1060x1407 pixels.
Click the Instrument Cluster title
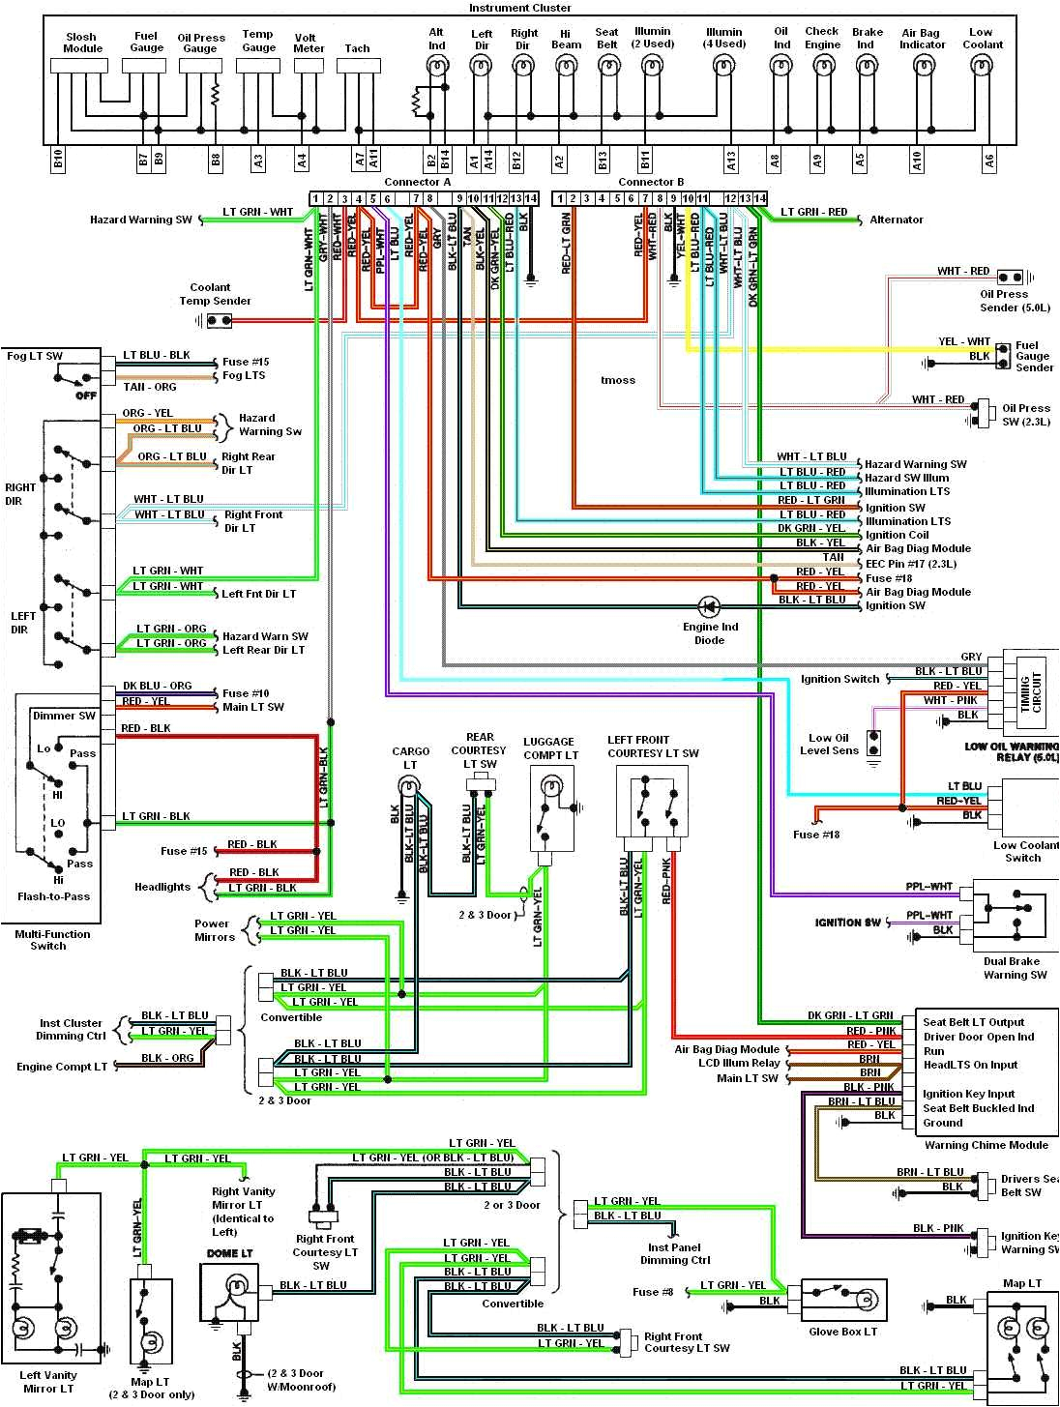[519, 8]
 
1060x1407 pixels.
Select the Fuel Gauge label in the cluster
[147, 42]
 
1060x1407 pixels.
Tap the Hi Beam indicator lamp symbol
[566, 66]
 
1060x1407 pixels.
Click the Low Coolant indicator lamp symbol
[983, 66]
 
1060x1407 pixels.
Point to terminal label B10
[58, 161]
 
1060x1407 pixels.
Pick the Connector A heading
[417, 182]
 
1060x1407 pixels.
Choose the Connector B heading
[651, 182]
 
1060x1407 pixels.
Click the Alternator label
[897, 220]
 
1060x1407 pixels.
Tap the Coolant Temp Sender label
[215, 294]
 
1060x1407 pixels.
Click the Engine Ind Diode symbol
[709, 607]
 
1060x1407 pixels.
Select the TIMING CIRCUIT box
[1031, 691]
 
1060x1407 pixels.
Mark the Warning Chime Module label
[986, 1145]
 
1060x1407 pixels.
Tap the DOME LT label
[229, 1254]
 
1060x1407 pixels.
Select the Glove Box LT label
[842, 1332]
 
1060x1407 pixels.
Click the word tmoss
[618, 380]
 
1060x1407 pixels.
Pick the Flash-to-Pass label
[53, 896]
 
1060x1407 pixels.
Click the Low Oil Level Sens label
[828, 744]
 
